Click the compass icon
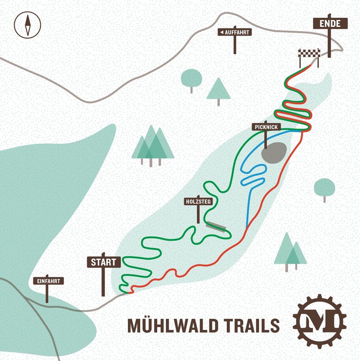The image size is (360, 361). click(27, 24)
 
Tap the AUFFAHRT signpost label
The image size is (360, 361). click(235, 32)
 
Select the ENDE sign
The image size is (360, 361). click(330, 24)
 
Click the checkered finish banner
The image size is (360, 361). click(309, 53)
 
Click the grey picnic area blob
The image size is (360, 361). click(274, 152)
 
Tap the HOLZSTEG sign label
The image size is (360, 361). click(199, 201)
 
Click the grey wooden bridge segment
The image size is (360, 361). click(216, 226)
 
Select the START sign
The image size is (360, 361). click(103, 262)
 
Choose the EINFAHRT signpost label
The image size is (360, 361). click(48, 281)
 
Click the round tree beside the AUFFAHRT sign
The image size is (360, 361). click(191, 79)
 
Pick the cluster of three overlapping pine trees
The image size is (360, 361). click(152, 144)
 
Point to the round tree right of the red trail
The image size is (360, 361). click(324, 187)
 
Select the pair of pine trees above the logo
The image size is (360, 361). click(291, 251)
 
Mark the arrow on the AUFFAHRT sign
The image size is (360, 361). click(222, 32)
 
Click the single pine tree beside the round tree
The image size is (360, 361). click(218, 89)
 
